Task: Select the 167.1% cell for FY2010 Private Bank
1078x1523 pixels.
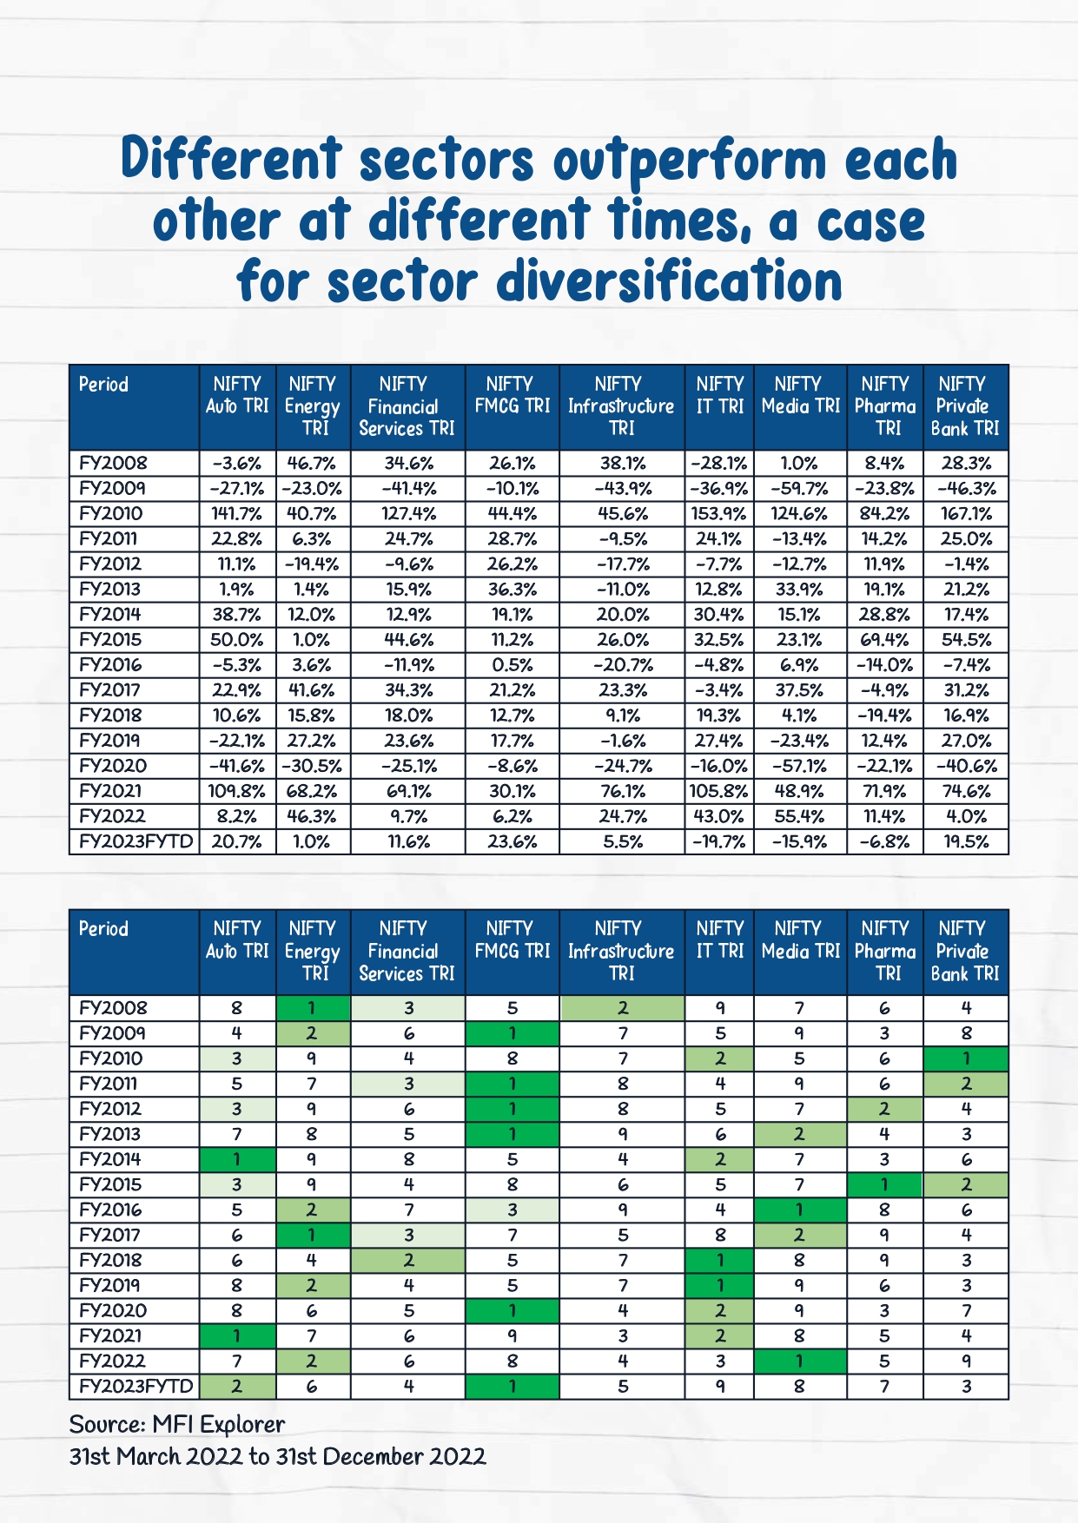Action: [x=966, y=513]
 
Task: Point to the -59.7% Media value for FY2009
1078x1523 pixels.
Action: [x=799, y=488]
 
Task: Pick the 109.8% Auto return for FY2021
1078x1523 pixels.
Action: [x=237, y=791]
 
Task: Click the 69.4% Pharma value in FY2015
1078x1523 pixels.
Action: [x=885, y=640]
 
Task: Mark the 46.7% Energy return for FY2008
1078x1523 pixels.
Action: [x=312, y=463]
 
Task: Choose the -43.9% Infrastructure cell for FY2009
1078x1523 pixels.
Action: [x=622, y=488]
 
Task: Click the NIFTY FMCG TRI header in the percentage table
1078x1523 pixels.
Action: [x=512, y=395]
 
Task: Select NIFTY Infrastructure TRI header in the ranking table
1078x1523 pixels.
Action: [x=621, y=951]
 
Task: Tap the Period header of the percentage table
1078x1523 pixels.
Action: [x=103, y=385]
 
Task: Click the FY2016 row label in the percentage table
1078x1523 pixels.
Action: [x=110, y=665]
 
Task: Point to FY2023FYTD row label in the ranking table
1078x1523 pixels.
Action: [x=135, y=1386]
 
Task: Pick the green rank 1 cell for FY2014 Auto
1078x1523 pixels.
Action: [x=237, y=1159]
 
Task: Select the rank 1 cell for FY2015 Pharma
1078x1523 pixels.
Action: [x=885, y=1184]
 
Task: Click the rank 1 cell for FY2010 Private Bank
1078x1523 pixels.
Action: [x=966, y=1058]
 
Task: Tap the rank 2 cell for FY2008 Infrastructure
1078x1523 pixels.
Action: [x=622, y=1008]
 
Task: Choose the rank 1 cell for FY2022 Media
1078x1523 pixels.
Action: [x=799, y=1361]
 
